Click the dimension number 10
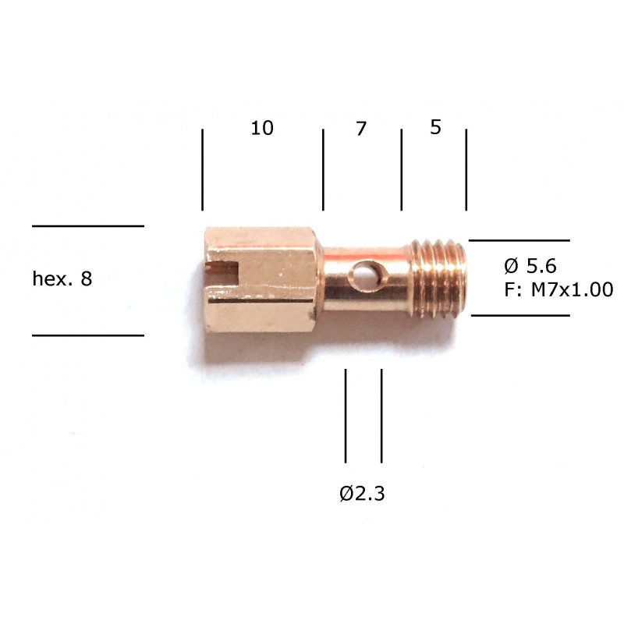click(262, 128)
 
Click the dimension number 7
click(361, 129)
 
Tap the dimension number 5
click(436, 127)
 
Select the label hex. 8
click(62, 278)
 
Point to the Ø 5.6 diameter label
click(530, 265)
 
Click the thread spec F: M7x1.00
click(558, 289)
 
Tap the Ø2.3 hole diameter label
click(362, 494)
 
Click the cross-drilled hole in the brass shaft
click(363, 275)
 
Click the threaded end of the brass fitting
click(438, 278)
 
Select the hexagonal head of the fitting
click(261, 279)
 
